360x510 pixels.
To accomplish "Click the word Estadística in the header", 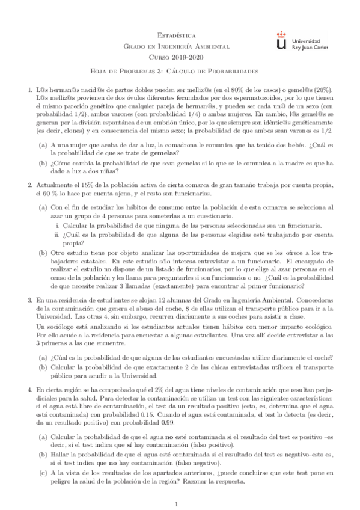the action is click(x=180, y=36).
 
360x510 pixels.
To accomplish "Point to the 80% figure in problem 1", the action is click(x=251, y=90).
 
